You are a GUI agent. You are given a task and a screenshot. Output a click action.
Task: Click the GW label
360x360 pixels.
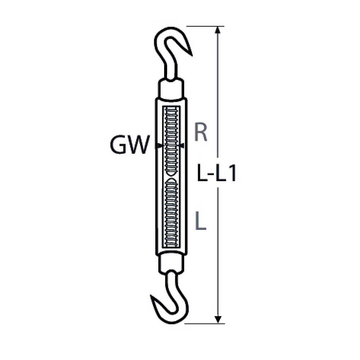point(129,146)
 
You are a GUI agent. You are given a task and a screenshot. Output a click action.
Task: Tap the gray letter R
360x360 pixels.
point(201,132)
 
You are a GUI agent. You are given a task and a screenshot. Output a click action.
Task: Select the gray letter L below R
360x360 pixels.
point(200,221)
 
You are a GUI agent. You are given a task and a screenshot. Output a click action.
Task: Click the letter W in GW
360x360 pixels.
point(137,146)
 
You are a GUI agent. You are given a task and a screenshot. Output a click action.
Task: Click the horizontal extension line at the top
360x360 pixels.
point(205,26)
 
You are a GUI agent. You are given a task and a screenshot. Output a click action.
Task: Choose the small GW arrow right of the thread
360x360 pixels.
point(182,146)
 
